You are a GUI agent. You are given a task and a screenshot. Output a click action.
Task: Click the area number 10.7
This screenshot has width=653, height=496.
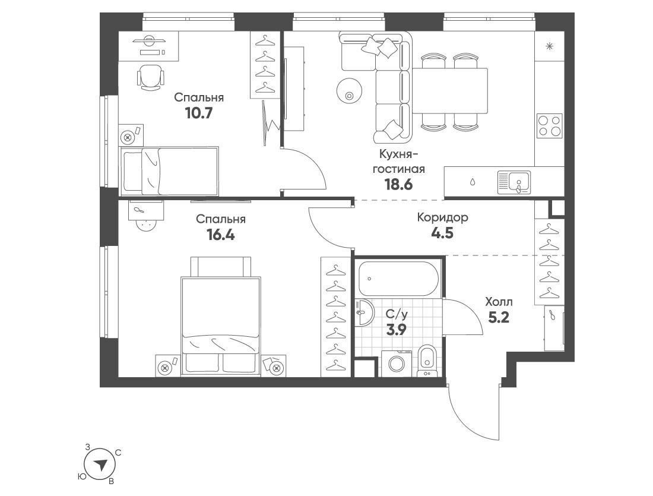[199, 113]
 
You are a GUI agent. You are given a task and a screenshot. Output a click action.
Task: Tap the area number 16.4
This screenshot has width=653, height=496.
[221, 235]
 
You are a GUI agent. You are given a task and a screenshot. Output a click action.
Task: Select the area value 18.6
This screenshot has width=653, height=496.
[398, 184]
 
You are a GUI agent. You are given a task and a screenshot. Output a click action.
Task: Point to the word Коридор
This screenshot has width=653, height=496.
[443, 217]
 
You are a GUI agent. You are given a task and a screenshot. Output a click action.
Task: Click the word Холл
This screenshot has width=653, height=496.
[499, 302]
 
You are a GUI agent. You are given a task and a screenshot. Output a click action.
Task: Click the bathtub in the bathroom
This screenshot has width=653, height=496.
[398, 279]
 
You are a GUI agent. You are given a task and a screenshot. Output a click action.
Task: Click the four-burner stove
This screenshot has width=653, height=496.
[550, 126]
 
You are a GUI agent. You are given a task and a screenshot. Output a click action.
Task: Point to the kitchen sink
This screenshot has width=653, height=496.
[514, 182]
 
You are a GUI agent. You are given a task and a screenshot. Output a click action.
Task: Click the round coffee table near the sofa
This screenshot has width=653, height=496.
[349, 91]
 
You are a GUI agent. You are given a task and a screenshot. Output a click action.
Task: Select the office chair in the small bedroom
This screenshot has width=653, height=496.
[150, 77]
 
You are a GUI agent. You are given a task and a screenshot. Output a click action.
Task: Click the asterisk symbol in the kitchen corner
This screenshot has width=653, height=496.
[550, 46]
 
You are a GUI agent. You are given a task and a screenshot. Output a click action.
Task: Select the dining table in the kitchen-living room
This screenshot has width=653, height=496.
[450, 91]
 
